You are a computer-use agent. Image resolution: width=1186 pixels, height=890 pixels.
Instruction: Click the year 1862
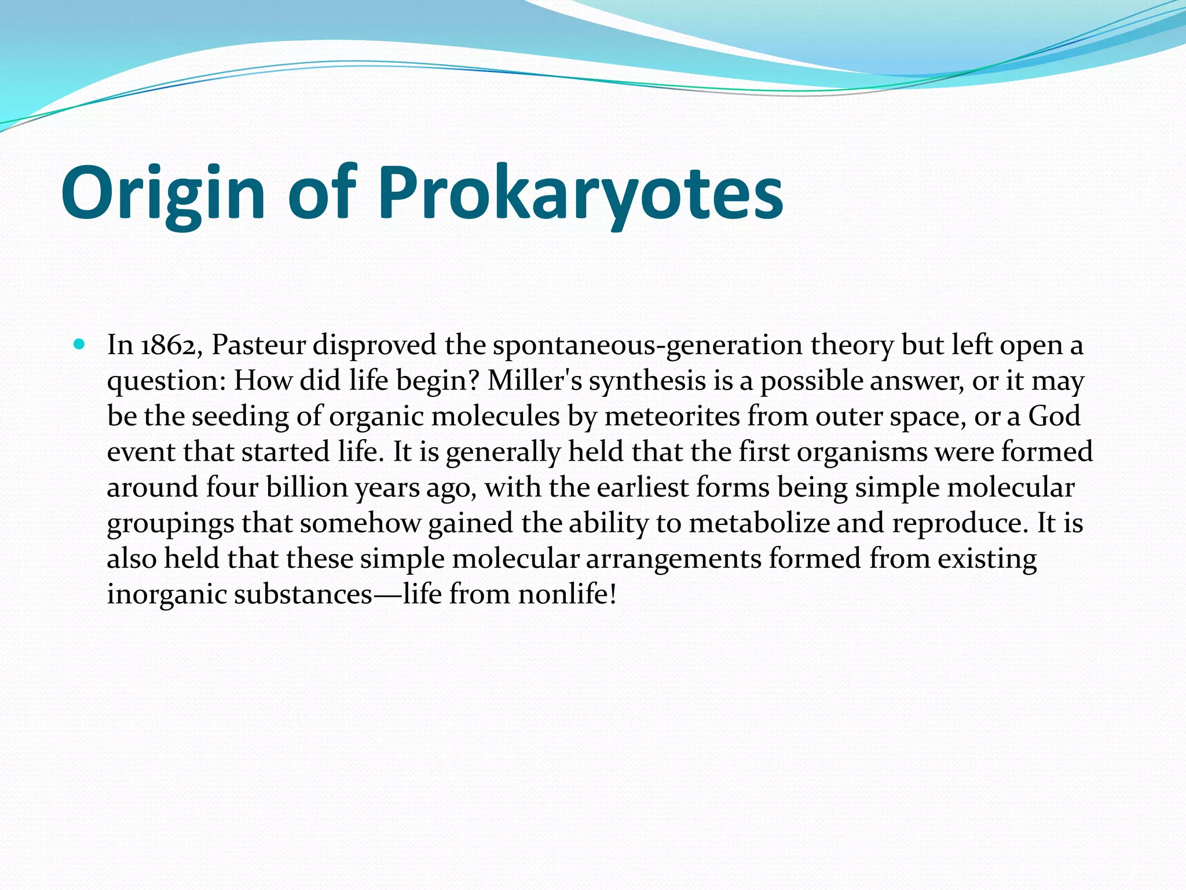point(171,346)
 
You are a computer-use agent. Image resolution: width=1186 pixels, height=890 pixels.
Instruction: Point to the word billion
point(307,487)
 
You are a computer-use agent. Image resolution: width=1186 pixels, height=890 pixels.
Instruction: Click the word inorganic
point(166,595)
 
